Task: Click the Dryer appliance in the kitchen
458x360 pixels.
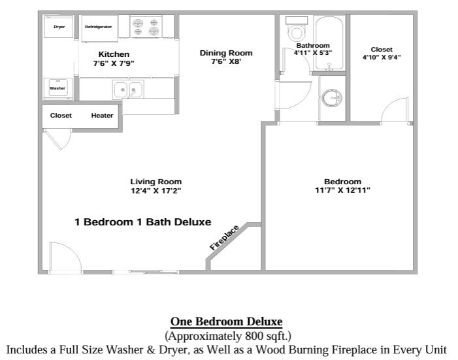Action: pos(59,27)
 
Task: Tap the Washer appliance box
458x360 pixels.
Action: pos(57,88)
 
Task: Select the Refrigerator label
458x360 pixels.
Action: pos(98,27)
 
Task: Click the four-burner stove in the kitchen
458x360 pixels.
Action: pos(146,27)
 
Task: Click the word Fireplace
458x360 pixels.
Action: pos(225,237)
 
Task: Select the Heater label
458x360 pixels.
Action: pos(102,116)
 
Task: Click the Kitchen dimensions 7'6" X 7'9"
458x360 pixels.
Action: pos(114,63)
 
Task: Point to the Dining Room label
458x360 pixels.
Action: pos(225,53)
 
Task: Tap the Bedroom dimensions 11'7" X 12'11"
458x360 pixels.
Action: pos(342,190)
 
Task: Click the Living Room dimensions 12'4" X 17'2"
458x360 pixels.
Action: pos(155,191)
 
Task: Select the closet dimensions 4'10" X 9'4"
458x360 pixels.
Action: pos(382,57)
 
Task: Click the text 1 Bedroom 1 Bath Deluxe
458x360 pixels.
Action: pos(143,221)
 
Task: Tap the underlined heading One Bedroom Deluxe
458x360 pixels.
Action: pos(226,321)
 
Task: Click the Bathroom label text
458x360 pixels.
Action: pos(313,46)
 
